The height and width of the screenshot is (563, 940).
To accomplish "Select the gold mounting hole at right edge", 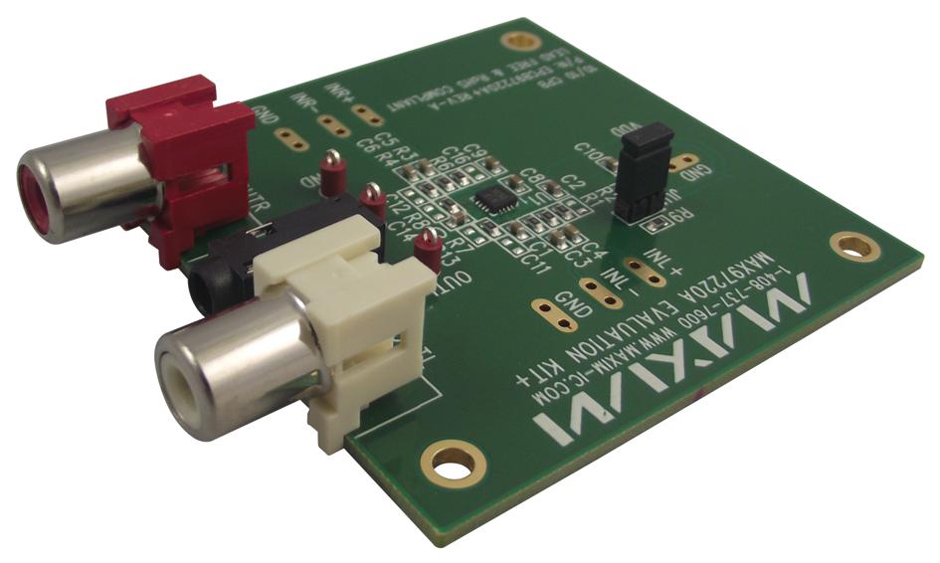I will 847,245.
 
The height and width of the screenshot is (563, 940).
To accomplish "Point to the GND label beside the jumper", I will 700,180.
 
